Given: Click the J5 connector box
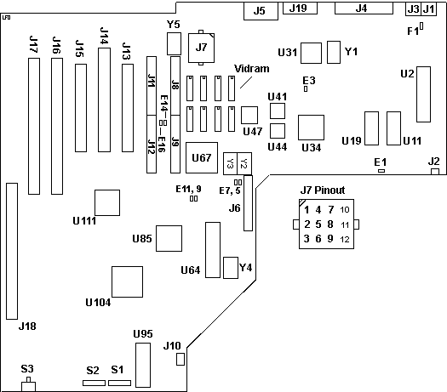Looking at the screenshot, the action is click(x=261, y=11).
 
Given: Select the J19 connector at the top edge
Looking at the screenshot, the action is click(x=300, y=8).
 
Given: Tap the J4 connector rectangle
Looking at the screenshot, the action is click(x=364, y=8).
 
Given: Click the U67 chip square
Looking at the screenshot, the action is click(x=202, y=157).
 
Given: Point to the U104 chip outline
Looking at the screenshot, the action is click(x=127, y=281).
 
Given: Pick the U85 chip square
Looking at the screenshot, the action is click(x=169, y=239).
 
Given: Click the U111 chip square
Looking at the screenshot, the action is click(x=107, y=202).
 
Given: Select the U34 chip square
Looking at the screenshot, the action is click(x=311, y=128).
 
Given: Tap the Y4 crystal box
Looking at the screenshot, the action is click(x=231, y=268).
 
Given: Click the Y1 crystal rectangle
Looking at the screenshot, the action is click(x=334, y=52).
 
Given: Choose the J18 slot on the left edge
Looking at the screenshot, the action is click(x=12, y=251).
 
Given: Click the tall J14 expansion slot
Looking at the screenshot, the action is click(x=104, y=100).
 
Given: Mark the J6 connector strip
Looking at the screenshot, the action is click(x=248, y=203).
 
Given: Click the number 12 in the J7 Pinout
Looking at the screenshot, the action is click(x=344, y=239).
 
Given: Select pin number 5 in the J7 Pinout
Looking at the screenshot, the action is click(x=318, y=224).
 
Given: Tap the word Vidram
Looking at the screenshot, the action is click(x=251, y=69).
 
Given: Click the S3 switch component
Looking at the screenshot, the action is click(x=28, y=384).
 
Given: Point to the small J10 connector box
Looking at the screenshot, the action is click(x=181, y=359).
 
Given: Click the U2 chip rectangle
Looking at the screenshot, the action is click(x=424, y=94).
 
